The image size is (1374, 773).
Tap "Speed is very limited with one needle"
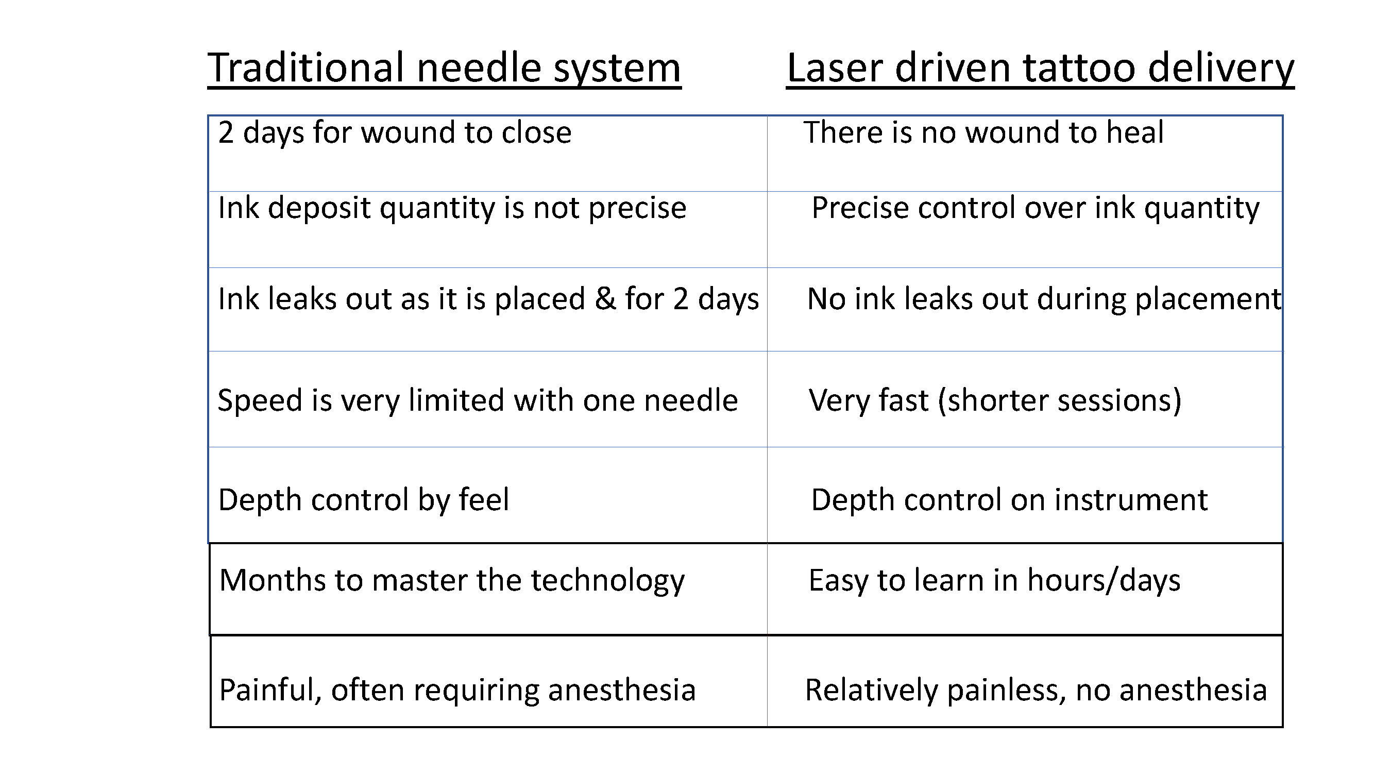[478, 400]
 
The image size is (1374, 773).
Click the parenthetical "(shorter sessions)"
[1060, 400]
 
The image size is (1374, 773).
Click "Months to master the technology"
[452, 580]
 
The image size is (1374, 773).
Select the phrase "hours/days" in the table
[1104, 580]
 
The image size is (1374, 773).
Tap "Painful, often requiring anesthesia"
[457, 691]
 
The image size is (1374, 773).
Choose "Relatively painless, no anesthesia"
[1036, 691]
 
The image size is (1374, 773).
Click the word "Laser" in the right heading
[835, 69]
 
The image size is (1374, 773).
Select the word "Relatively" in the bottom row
[871, 691]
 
